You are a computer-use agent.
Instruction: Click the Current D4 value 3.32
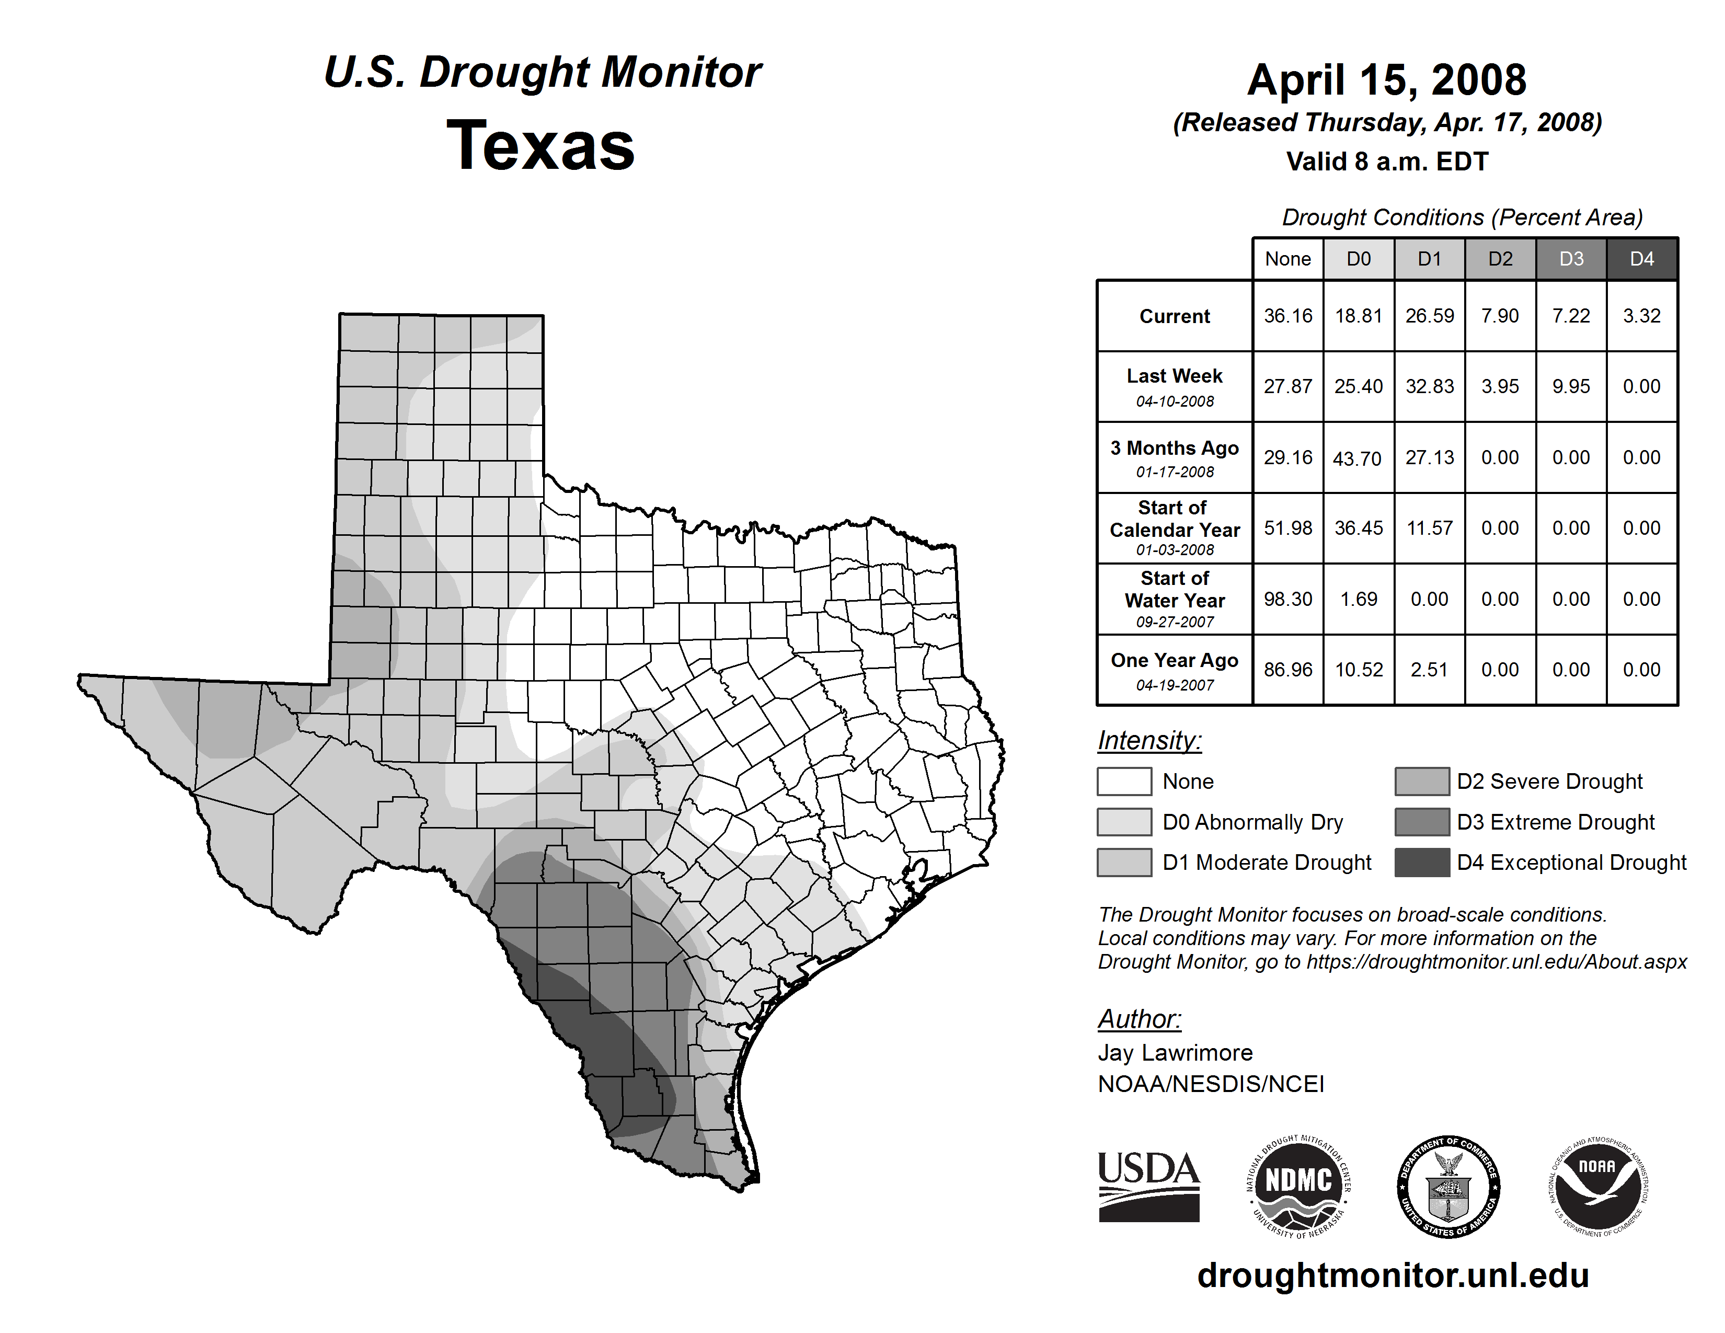[x=1641, y=316]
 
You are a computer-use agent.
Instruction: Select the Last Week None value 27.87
[x=1287, y=386]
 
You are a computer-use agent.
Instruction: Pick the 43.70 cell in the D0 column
[x=1358, y=458]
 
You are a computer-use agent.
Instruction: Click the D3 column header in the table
[x=1571, y=259]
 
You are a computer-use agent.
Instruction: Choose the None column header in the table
[x=1287, y=259]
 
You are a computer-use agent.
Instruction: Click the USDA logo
[x=1148, y=1186]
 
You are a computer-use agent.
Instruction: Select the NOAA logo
[x=1597, y=1186]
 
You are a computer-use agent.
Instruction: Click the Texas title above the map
[x=541, y=146]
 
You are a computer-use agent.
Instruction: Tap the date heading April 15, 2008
[x=1387, y=81]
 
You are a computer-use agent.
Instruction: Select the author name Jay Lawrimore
[x=1175, y=1053]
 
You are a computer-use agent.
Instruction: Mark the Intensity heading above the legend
[x=1149, y=741]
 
